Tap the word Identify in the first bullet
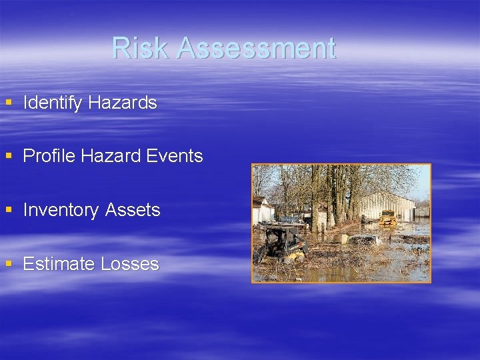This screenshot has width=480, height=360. pos(53,103)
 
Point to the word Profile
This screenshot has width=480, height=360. pos(49,156)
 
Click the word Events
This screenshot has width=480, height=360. pos(176,156)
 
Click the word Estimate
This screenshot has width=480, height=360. pos(59,264)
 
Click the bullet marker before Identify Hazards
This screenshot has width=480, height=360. pos(9,103)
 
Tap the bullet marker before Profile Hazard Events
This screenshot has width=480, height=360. pos(9,156)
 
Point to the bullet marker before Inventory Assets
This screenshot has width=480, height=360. pos(9,210)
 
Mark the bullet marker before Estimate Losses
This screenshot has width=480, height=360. pos(9,264)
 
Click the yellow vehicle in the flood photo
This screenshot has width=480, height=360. pos(387,218)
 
